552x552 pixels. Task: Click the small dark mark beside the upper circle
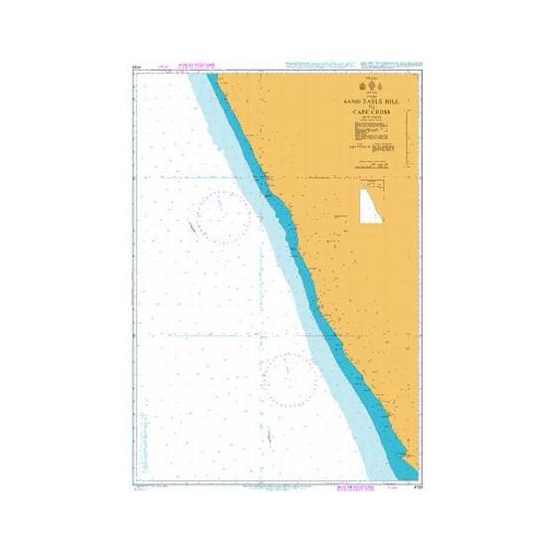pyautogui.click(x=188, y=227)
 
